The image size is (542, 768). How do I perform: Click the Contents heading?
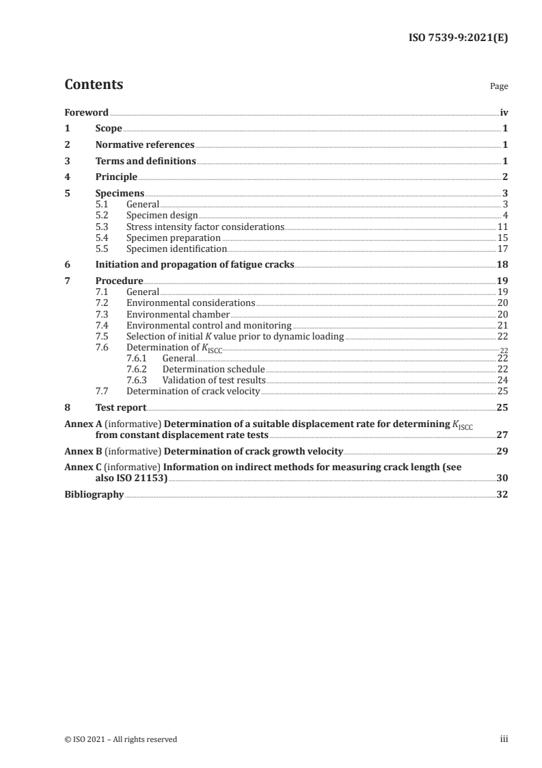(x=94, y=85)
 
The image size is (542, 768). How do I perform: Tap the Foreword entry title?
(x=86, y=112)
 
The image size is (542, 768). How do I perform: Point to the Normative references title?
(x=145, y=145)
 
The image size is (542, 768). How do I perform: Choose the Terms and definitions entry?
(x=146, y=162)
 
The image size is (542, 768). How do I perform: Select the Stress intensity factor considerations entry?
(x=204, y=227)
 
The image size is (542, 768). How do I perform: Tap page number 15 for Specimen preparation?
(x=502, y=238)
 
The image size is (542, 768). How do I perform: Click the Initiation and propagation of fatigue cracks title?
(x=195, y=265)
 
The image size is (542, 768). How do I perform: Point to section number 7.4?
(x=102, y=325)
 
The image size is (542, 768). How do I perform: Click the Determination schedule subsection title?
(x=213, y=369)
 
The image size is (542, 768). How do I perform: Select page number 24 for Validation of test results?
(x=502, y=380)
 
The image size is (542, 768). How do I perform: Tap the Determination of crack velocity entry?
(x=193, y=391)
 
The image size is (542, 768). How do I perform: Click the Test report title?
(x=120, y=407)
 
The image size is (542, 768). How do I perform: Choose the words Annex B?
(x=79, y=452)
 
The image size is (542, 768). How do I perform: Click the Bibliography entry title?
(x=94, y=495)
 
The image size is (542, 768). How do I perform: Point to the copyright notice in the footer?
(x=120, y=739)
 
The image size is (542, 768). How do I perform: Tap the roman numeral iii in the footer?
(x=504, y=739)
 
